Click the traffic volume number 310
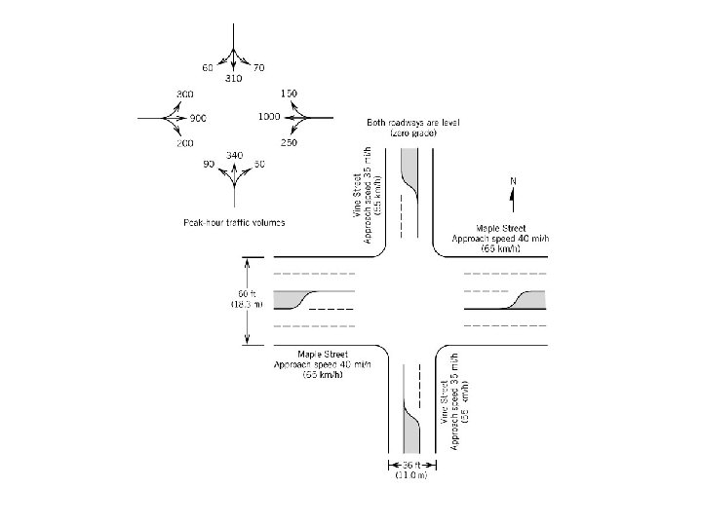point(233,77)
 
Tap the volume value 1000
point(270,117)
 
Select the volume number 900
point(199,118)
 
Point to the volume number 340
point(234,156)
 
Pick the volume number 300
point(184,94)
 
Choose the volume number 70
point(258,68)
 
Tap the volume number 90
point(209,164)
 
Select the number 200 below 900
point(185,143)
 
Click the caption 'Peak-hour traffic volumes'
point(234,223)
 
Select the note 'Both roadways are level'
point(413,123)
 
